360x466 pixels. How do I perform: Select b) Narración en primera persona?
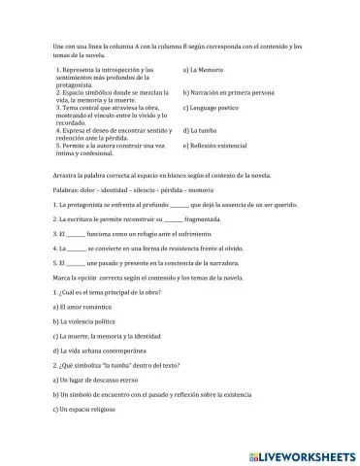coord(229,90)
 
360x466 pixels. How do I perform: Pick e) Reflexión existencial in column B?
coord(221,146)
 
